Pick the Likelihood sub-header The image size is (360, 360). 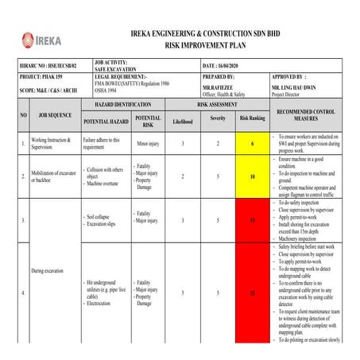[182, 120]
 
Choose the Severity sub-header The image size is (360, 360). [218, 119]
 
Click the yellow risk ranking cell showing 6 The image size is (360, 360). [253, 143]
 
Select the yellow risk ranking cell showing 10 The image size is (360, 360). [253, 176]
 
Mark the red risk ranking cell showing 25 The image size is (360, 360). [253, 293]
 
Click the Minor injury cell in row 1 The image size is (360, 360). [148, 144]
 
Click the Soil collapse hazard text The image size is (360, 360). [104, 215]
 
